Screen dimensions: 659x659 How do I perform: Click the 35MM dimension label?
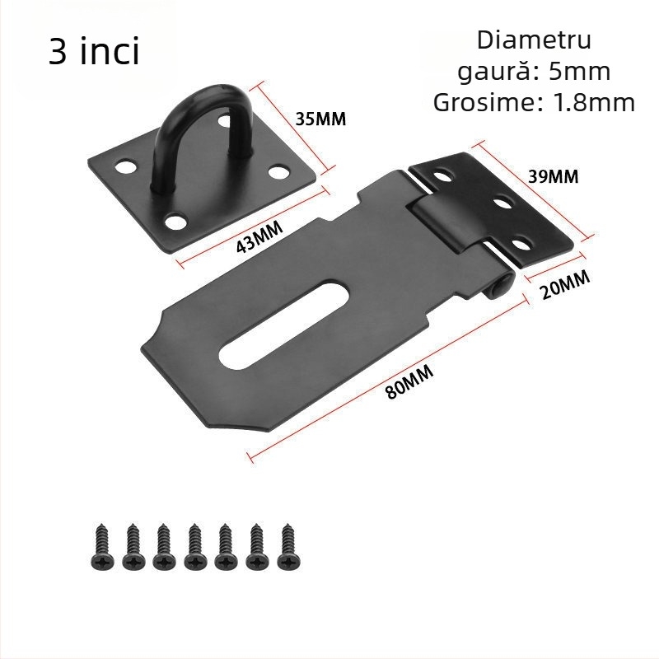[320, 119]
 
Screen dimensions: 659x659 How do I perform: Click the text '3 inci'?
[94, 52]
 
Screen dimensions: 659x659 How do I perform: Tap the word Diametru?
[534, 40]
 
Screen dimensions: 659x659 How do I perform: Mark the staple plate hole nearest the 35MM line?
[280, 172]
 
